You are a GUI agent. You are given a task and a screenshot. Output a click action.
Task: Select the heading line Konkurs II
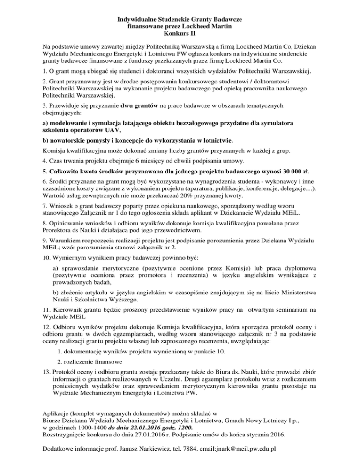pos(180,34)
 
